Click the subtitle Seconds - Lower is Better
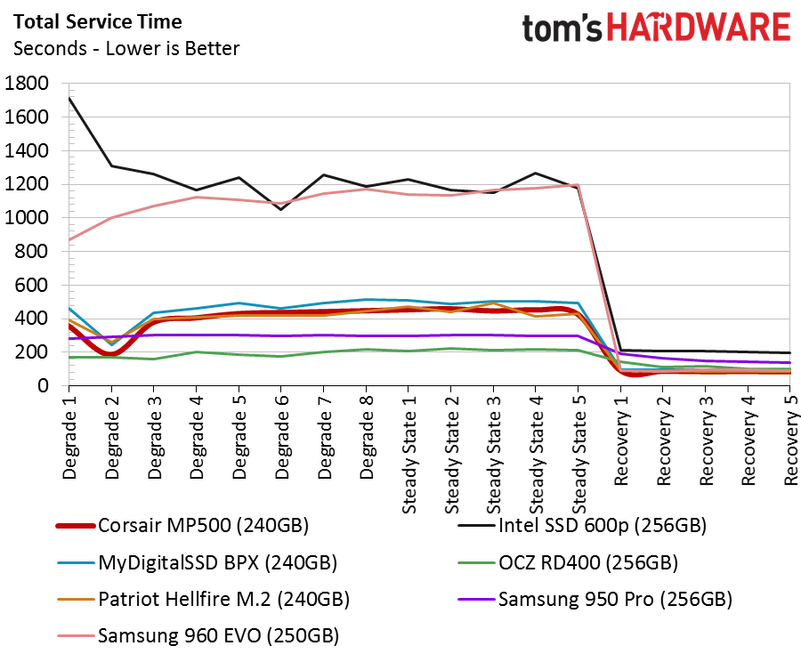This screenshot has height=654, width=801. (x=126, y=48)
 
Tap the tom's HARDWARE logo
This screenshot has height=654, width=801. (x=656, y=28)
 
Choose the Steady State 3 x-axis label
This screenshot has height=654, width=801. (x=494, y=454)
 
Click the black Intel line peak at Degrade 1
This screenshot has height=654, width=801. (x=69, y=98)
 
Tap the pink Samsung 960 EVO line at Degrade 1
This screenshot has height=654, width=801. (x=69, y=239)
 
